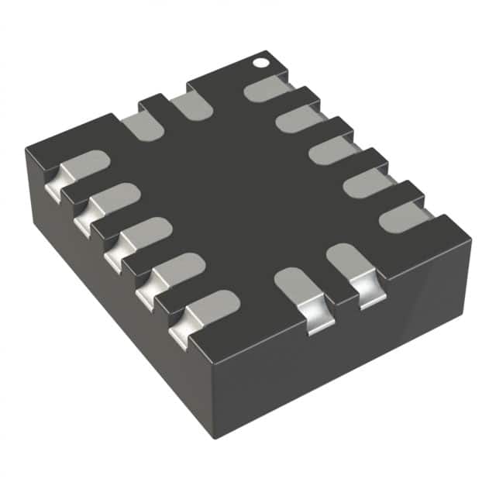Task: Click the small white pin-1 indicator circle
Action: pyautogui.click(x=262, y=59)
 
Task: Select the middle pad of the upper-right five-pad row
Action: pyautogui.click(x=332, y=150)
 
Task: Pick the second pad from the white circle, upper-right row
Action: pyautogui.click(x=299, y=119)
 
